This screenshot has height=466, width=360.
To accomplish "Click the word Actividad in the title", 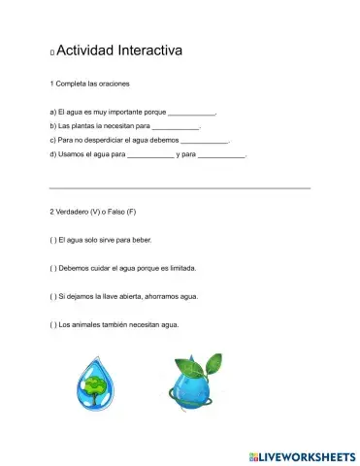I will point(86,50).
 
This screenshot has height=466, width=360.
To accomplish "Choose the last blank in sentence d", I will point(221,154).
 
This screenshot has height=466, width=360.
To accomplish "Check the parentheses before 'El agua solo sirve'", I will point(52,239).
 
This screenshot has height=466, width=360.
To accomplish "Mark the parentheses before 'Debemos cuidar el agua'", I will point(52,267).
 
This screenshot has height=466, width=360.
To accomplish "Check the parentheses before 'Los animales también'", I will point(52,324).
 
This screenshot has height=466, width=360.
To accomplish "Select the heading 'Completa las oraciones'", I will point(92,83).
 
